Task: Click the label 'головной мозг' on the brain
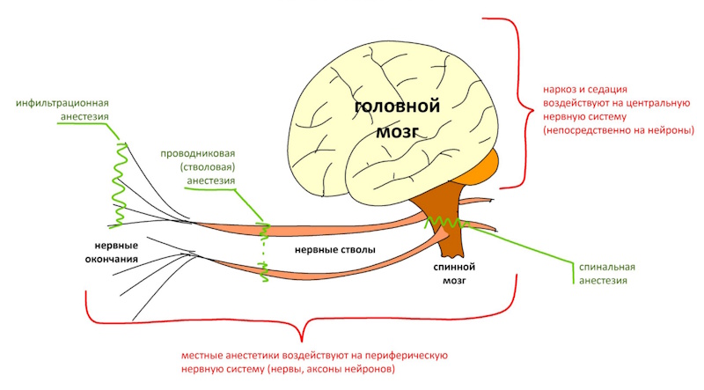click(396, 119)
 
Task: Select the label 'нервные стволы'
click(335, 250)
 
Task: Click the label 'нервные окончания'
click(112, 254)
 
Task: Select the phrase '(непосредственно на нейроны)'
click(619, 130)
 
